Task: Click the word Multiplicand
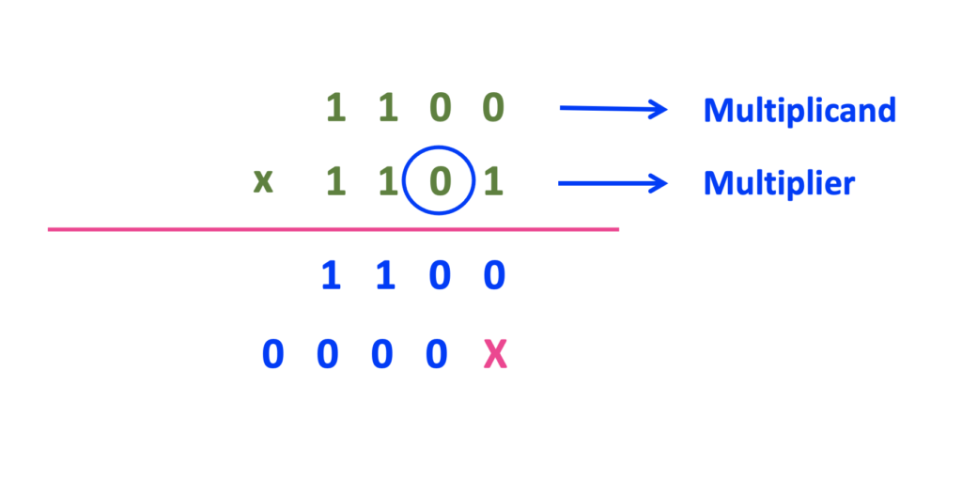(x=799, y=111)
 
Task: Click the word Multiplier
(x=779, y=183)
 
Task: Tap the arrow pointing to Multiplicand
(x=613, y=109)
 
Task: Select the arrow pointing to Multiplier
(x=613, y=182)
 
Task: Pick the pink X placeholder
(x=495, y=356)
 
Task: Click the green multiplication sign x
(x=264, y=180)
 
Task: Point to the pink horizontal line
(x=334, y=228)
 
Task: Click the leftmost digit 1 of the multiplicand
(x=335, y=109)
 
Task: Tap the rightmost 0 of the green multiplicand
(x=493, y=109)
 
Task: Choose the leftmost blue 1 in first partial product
(x=330, y=277)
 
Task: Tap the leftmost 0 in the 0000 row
(x=272, y=356)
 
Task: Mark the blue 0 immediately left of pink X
(x=436, y=356)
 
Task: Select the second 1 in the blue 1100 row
(x=384, y=277)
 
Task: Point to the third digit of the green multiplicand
(x=440, y=109)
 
